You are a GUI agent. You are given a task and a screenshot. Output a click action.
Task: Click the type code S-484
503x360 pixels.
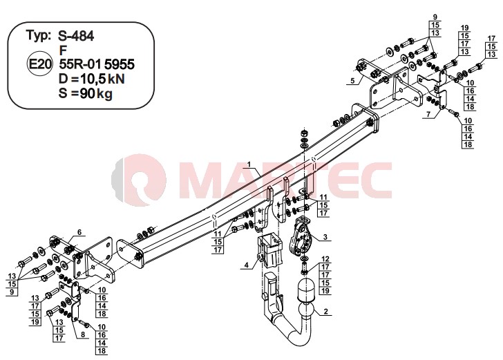pyautogui.click(x=76, y=36)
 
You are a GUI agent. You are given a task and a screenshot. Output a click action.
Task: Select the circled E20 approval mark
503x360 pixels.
pyautogui.click(x=39, y=64)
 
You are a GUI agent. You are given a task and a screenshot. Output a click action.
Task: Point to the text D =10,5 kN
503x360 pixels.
pyautogui.click(x=92, y=79)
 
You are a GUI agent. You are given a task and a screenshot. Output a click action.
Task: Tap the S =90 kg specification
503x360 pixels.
pyautogui.click(x=86, y=93)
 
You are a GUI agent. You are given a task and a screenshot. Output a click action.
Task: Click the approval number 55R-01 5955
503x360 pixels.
pyautogui.click(x=97, y=64)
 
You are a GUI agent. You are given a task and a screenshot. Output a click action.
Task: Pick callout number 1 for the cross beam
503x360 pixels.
pyautogui.click(x=249, y=165)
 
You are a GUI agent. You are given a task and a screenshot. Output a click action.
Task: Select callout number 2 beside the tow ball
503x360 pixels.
pyautogui.click(x=326, y=311)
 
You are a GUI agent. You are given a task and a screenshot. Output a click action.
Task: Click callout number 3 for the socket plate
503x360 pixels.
pyautogui.click(x=325, y=237)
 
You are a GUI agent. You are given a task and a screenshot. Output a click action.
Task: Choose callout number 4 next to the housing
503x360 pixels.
pyautogui.click(x=247, y=265)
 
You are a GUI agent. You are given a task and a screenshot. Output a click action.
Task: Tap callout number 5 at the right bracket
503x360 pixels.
pyautogui.click(x=353, y=81)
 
